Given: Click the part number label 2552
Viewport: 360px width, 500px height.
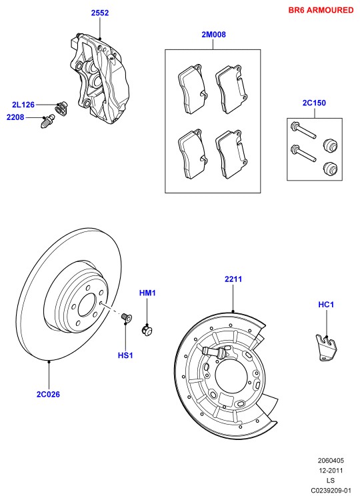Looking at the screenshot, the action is pos(100,13).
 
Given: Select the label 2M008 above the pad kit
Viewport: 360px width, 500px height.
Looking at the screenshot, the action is pos(213,35).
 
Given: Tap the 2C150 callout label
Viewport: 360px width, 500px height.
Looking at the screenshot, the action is pos(314,103).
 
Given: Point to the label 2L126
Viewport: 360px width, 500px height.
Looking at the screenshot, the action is pos(23,105).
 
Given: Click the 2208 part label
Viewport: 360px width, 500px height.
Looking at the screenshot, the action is pos(15,117).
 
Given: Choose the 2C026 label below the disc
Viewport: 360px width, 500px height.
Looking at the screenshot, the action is pos(48,394).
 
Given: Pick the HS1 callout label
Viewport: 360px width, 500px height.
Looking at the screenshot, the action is pos(125,355).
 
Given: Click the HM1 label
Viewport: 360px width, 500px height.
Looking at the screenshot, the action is pos(147,293).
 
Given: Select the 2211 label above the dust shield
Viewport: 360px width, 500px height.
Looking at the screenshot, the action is pos(233,279).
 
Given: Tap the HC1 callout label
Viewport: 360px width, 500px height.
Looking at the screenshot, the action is pos(326,305).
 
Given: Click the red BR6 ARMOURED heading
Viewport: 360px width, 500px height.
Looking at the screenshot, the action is pos(321,10).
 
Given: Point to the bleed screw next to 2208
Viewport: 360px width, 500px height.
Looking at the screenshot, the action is pos(48,121).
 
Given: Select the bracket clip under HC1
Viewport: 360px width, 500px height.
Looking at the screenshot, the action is pos(325,348).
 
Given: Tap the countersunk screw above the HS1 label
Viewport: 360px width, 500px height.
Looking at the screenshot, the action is pos(127,317).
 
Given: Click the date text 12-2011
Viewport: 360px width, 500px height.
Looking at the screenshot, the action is pos(331,471).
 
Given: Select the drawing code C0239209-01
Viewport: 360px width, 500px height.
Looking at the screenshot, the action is pos(331,491).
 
